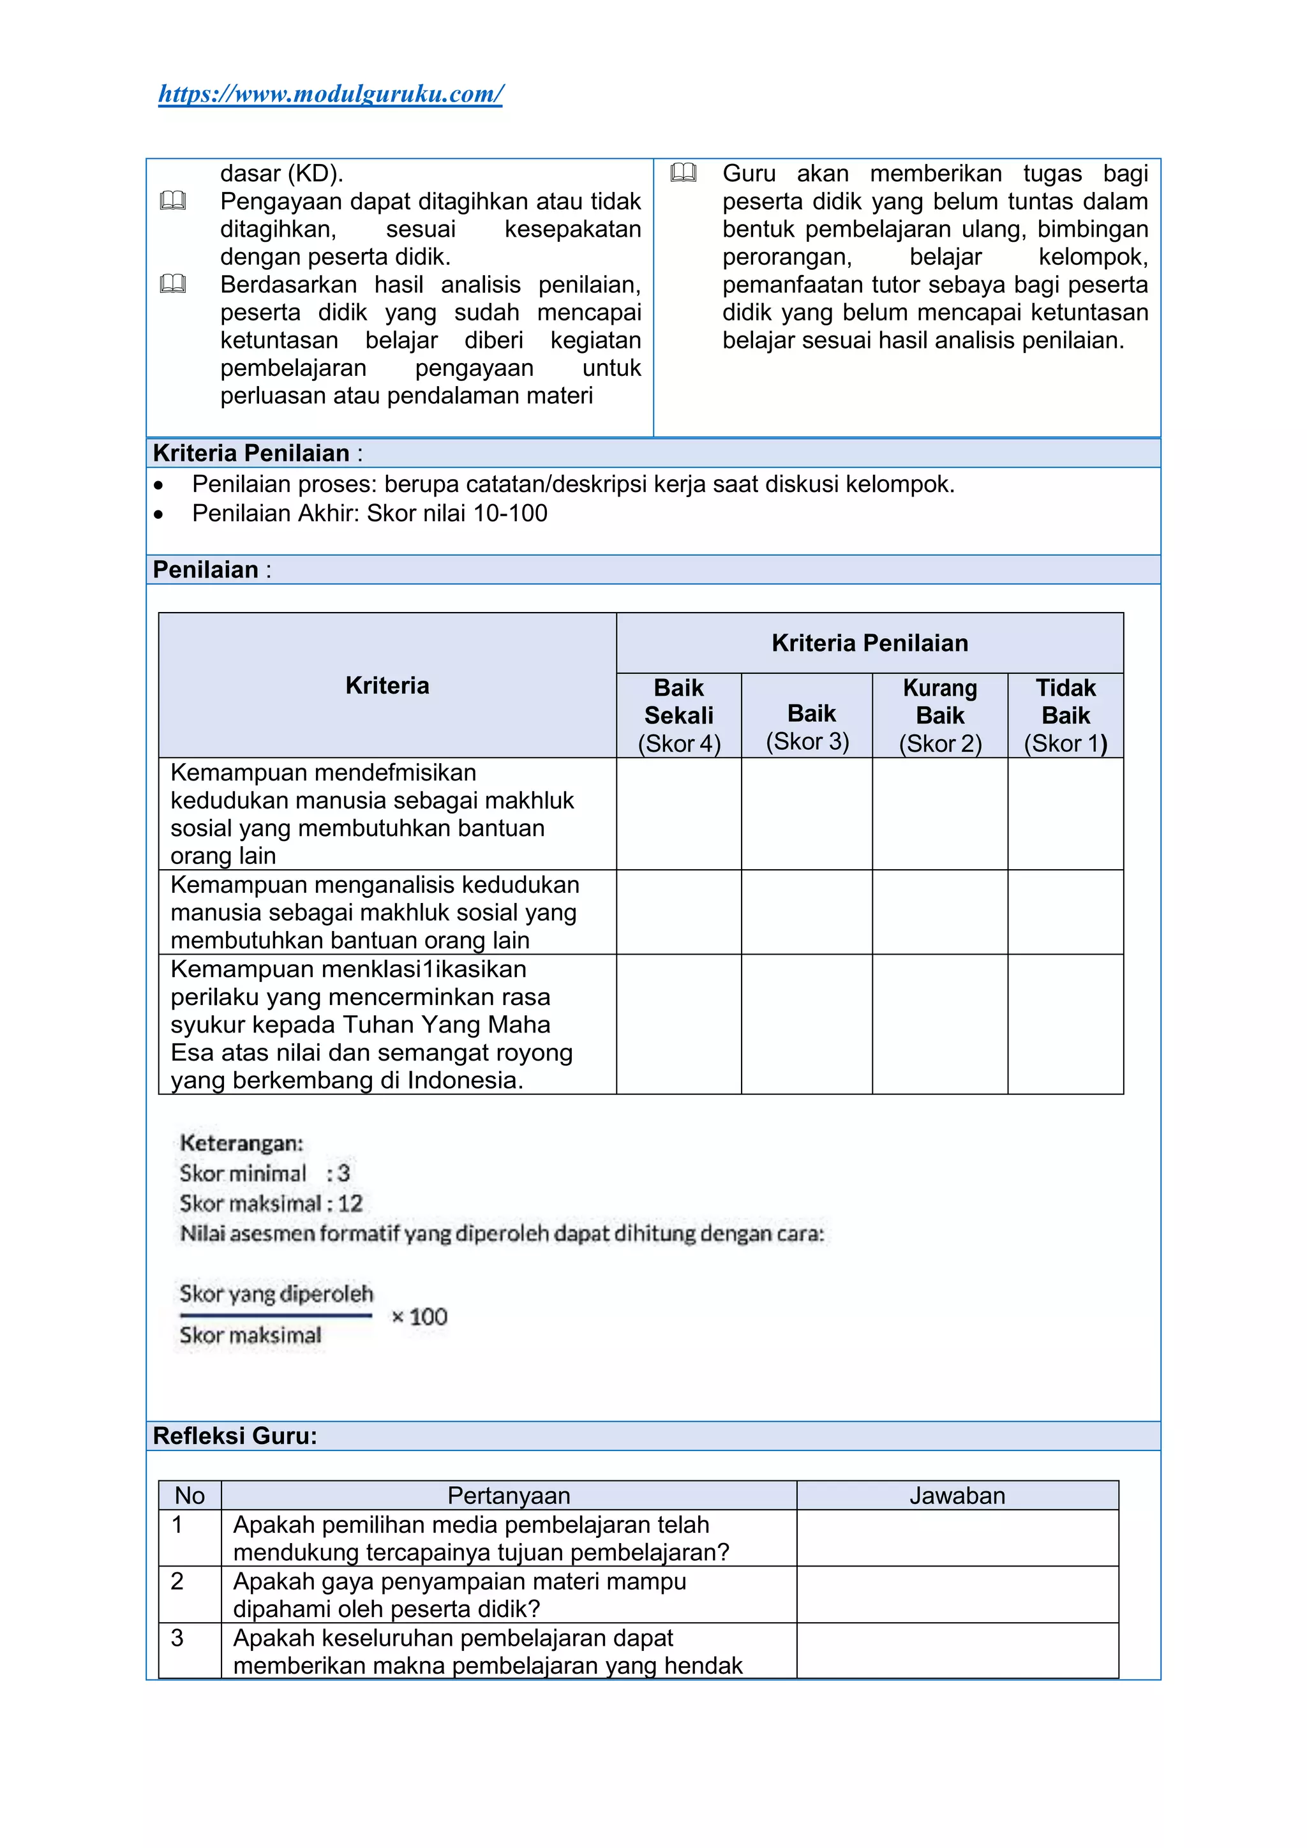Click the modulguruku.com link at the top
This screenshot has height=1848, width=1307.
click(330, 94)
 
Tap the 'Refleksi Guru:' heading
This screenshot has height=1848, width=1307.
click(235, 1436)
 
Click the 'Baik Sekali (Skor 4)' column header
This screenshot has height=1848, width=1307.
click(678, 715)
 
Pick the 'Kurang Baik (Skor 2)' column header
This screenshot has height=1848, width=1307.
click(939, 715)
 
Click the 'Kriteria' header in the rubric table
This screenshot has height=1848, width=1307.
click(387, 686)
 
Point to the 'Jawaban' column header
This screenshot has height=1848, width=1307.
click(957, 1496)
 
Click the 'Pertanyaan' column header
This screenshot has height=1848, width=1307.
click(509, 1496)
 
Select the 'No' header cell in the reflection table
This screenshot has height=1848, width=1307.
click(190, 1496)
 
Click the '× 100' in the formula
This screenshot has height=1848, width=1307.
click(419, 1317)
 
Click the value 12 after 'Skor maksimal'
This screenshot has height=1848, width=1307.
click(350, 1203)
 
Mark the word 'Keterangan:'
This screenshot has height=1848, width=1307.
click(241, 1143)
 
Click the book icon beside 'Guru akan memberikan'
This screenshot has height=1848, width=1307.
click(683, 173)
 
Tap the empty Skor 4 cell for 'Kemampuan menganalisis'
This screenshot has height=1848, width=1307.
click(678, 912)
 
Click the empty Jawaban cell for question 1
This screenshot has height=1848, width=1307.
click(957, 1538)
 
